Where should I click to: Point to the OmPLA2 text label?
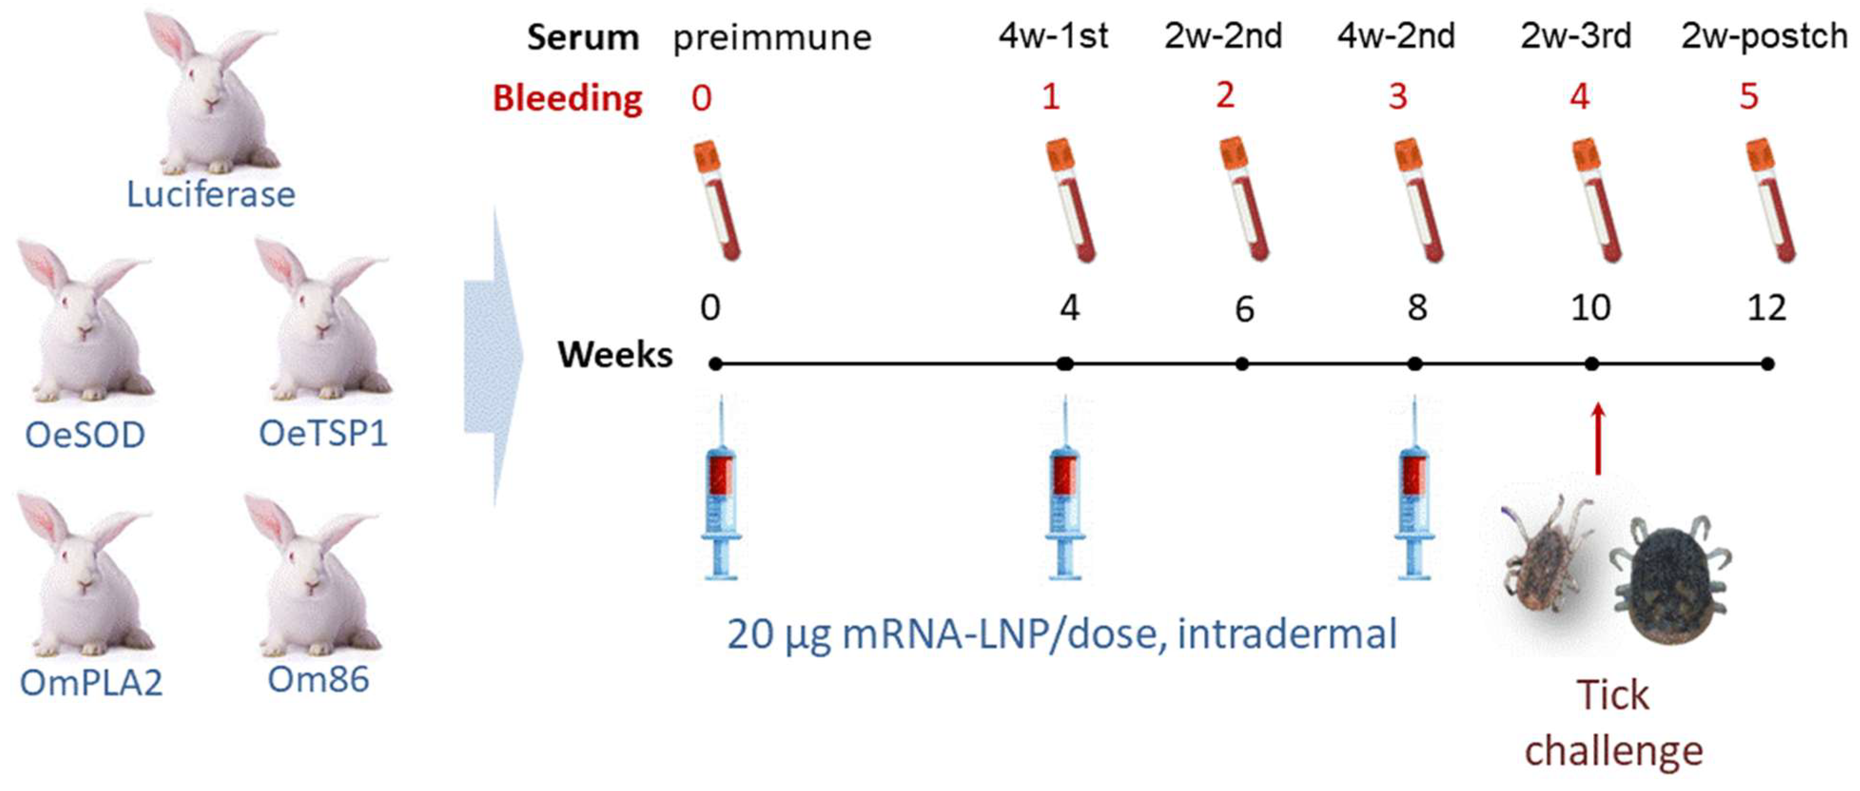point(91,683)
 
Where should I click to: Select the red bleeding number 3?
point(1398,96)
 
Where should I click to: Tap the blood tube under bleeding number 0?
point(717,201)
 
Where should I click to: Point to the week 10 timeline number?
point(1591,308)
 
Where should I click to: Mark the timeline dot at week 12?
point(1767,364)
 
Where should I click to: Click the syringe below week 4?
point(1064,491)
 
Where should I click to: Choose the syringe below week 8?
point(1414,491)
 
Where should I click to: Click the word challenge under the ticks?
point(1613,751)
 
